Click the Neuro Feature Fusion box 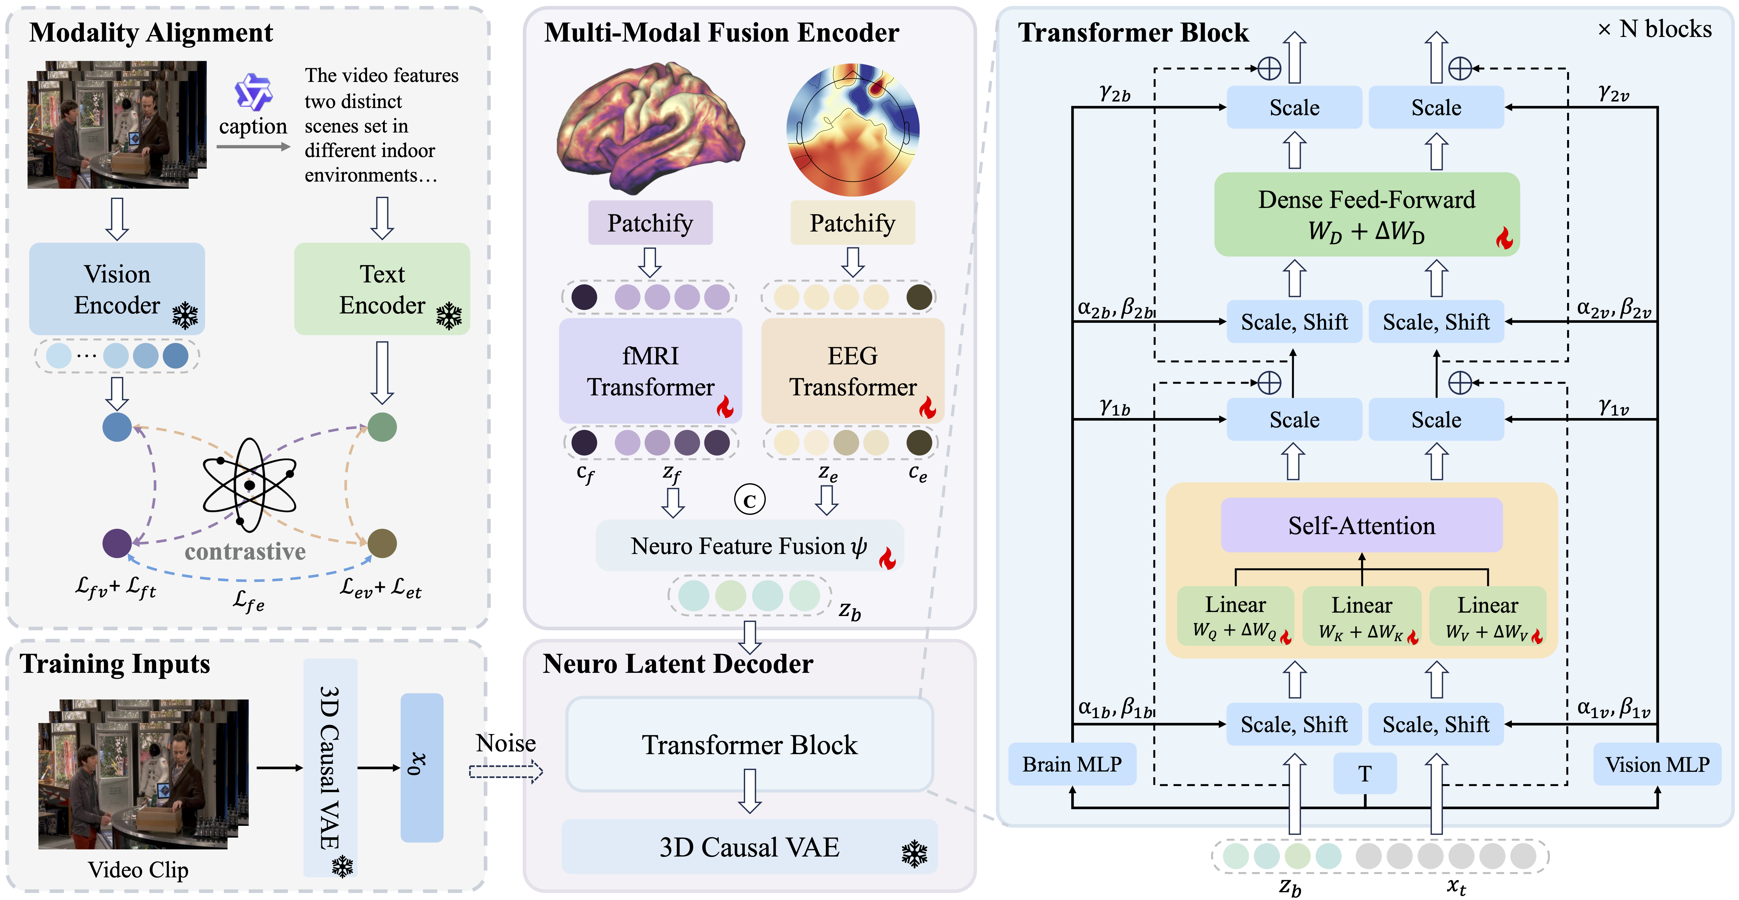pyautogui.click(x=749, y=546)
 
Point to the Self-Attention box pyautogui.click(x=1362, y=525)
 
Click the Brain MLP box pyautogui.click(x=1072, y=764)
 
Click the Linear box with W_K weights pyautogui.click(x=1362, y=616)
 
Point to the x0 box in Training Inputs pyautogui.click(x=422, y=768)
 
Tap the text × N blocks pyautogui.click(x=1655, y=29)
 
